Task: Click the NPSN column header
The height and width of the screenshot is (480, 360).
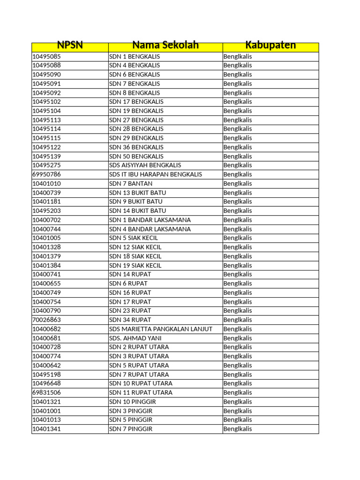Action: pyautogui.click(x=69, y=45)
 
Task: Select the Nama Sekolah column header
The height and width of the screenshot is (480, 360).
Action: pyautogui.click(x=165, y=45)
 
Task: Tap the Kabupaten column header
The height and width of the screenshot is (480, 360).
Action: pyautogui.click(x=270, y=45)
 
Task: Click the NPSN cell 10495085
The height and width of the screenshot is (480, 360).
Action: pyautogui.click(x=46, y=57)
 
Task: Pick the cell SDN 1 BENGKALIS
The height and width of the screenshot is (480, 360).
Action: pyautogui.click(x=134, y=57)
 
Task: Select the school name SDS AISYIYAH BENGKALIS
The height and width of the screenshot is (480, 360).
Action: pyautogui.click(x=145, y=165)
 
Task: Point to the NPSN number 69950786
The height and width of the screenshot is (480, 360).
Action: pyautogui.click(x=46, y=174)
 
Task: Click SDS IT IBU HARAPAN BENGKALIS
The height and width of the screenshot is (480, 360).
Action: pyautogui.click(x=156, y=174)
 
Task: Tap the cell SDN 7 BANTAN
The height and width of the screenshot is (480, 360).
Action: pyautogui.click(x=131, y=184)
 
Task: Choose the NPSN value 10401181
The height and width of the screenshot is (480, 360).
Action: pyautogui.click(x=46, y=202)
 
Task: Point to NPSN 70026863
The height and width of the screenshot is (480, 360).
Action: pyautogui.click(x=46, y=320)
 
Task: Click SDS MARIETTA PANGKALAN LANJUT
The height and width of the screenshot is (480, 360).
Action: pyautogui.click(x=161, y=329)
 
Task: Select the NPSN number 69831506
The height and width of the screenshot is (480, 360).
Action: pyautogui.click(x=46, y=392)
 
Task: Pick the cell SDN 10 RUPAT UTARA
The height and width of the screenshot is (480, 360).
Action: pyautogui.click(x=141, y=383)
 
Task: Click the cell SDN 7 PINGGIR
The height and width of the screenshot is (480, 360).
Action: pyautogui.click(x=131, y=429)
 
